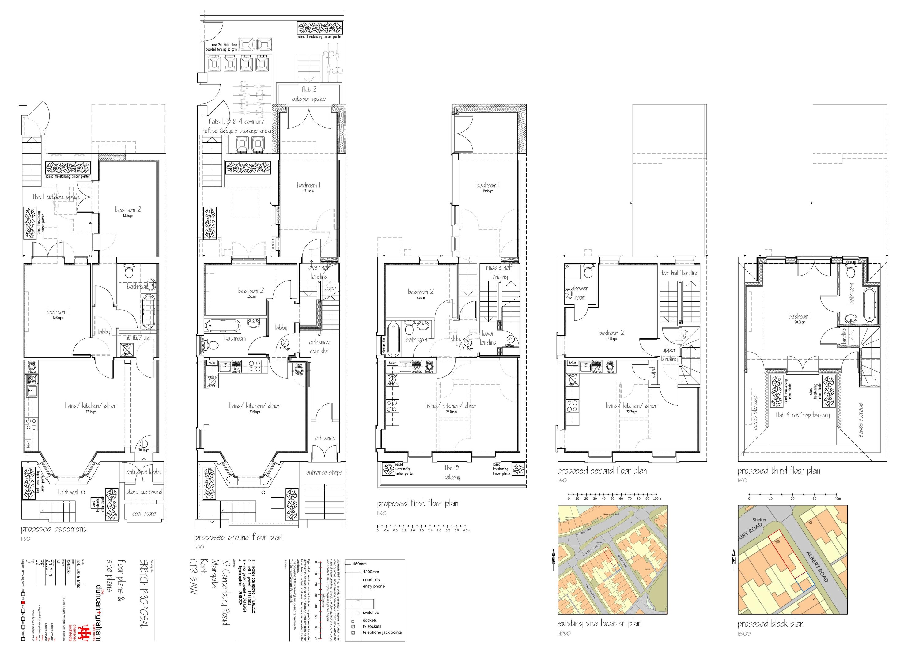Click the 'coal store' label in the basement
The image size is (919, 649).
(x=144, y=513)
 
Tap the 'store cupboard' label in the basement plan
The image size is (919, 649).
(x=144, y=492)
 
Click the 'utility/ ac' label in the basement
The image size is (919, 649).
(x=137, y=338)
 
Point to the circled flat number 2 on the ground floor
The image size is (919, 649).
(x=285, y=342)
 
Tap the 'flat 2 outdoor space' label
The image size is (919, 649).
(x=308, y=94)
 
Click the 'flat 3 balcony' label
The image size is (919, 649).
(x=452, y=472)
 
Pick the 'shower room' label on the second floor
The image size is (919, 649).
(x=580, y=292)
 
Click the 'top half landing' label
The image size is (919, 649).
(x=680, y=273)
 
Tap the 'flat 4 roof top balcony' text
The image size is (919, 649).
(x=803, y=415)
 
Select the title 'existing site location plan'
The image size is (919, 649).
(x=599, y=623)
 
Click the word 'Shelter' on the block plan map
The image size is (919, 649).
(x=759, y=520)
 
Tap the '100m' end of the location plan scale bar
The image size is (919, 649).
(x=656, y=499)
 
